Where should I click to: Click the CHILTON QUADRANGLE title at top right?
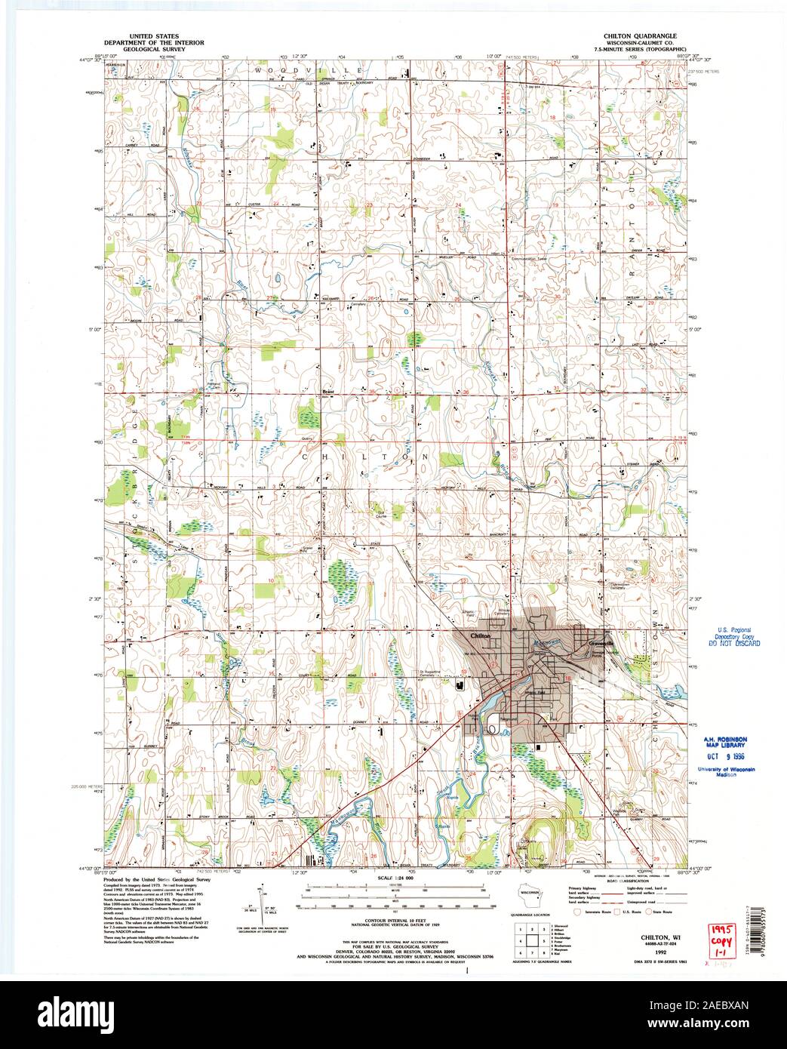pyautogui.click(x=640, y=35)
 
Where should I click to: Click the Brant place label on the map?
pyautogui.click(x=327, y=392)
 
